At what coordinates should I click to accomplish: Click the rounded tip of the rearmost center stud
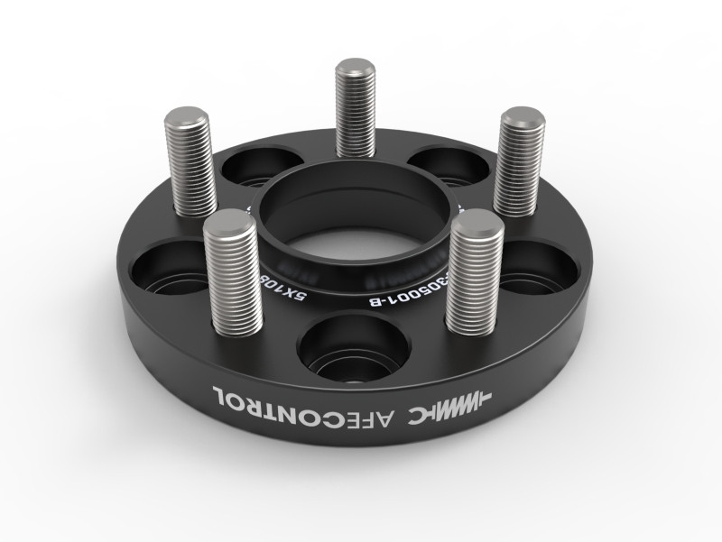pyautogui.click(x=355, y=68)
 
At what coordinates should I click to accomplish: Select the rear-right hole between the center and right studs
pyautogui.click(x=451, y=168)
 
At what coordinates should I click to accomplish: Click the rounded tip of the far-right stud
pyautogui.click(x=522, y=117)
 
